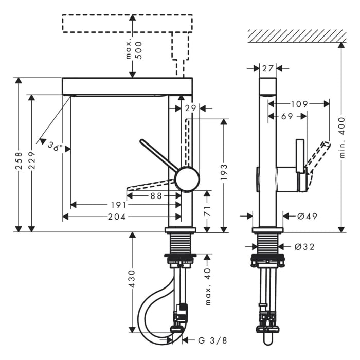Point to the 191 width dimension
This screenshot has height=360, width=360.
click(119, 205)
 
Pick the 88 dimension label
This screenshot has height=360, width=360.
click(156, 195)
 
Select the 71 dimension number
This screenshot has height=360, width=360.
click(207, 211)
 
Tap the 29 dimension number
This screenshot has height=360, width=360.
click(191, 108)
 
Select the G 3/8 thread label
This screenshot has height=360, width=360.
click(204, 340)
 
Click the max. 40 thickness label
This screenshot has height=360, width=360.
click(208, 286)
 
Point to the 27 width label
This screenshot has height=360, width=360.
click(267, 68)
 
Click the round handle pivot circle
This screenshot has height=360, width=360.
click(187, 179)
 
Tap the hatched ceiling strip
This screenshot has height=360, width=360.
click(297, 35)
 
